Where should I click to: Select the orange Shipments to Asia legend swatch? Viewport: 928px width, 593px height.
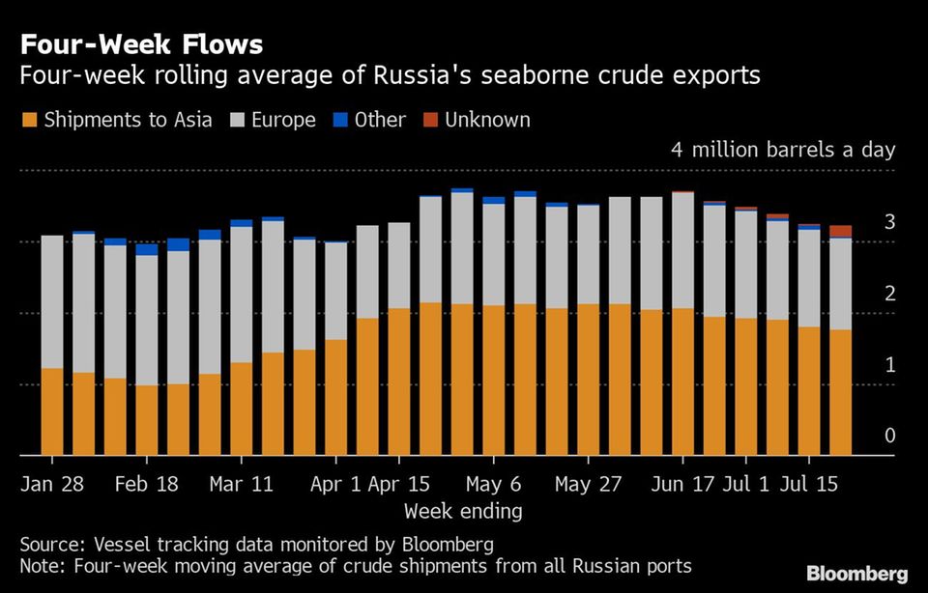tap(29, 121)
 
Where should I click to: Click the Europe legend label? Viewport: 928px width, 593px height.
tap(284, 121)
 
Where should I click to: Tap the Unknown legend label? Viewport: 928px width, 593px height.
tap(487, 121)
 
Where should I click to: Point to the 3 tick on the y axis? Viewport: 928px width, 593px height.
tap(889, 223)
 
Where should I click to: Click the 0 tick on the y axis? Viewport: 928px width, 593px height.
tap(889, 437)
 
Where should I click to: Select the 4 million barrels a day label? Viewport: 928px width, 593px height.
tap(783, 151)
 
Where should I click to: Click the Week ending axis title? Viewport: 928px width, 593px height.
tap(463, 511)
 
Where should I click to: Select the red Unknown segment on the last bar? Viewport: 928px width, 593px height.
tap(841, 231)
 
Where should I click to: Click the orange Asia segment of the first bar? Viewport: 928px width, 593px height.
tap(52, 411)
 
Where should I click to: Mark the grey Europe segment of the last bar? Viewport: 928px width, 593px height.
tap(841, 283)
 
